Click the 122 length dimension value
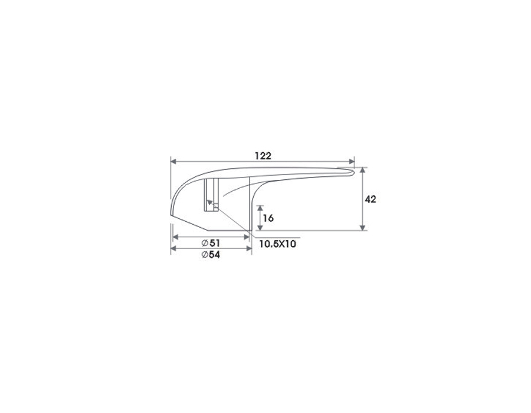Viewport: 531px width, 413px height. [x=263, y=156]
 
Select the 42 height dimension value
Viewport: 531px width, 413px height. [x=371, y=199]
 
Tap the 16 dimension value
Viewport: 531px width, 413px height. [x=268, y=218]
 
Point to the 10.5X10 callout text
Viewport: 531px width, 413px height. [x=278, y=244]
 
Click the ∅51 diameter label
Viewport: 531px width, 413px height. [x=211, y=243]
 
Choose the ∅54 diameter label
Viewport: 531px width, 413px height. [x=211, y=255]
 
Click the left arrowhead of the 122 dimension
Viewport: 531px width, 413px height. [x=173, y=162]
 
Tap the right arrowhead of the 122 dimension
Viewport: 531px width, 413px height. [x=351, y=162]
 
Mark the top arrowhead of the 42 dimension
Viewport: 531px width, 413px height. [x=363, y=171]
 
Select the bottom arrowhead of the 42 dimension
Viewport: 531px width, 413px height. [x=363, y=227]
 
